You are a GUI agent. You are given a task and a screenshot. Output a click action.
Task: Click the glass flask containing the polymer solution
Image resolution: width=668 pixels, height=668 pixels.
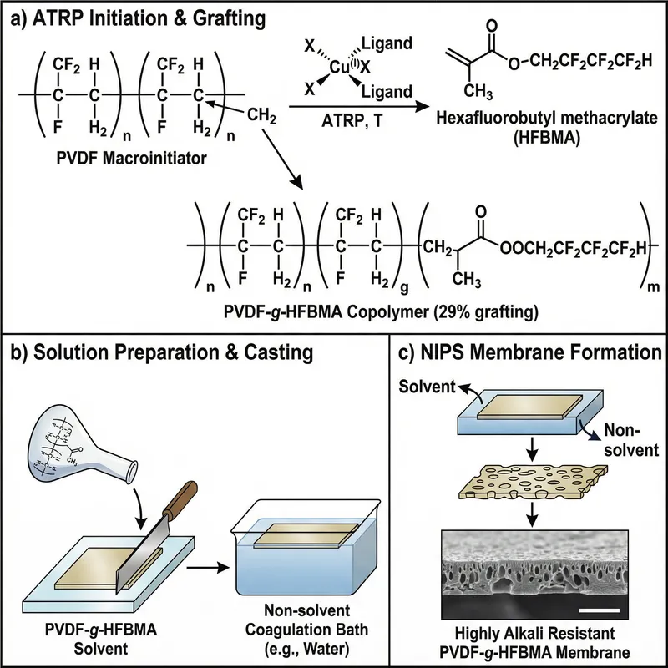[79, 429]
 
